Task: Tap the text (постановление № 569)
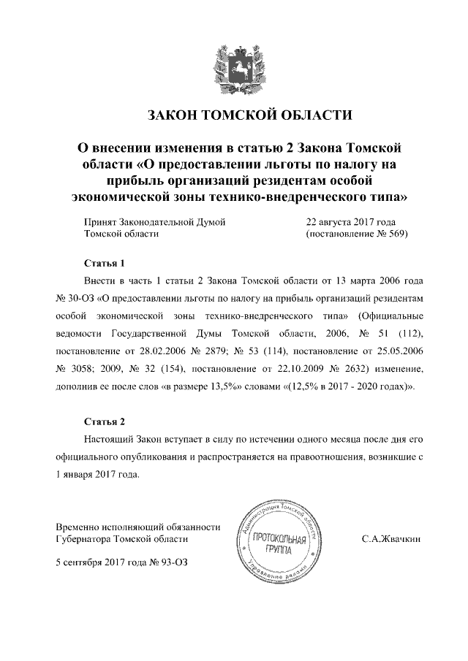356,234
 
